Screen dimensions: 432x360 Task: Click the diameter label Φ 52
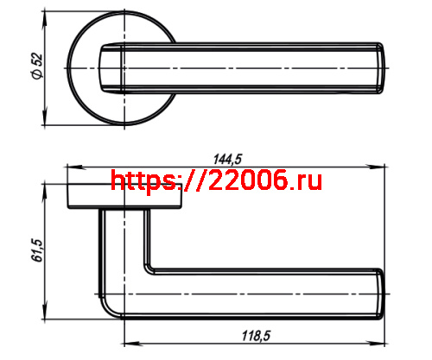(37, 66)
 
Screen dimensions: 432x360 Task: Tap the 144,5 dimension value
(227, 159)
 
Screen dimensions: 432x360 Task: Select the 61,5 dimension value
(37, 250)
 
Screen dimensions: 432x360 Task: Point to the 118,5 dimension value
(256, 336)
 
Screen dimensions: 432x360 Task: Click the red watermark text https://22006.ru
(216, 180)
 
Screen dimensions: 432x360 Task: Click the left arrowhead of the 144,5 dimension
(74, 167)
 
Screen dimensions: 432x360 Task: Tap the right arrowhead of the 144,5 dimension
(377, 167)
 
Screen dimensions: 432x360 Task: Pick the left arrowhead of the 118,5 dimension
(132, 344)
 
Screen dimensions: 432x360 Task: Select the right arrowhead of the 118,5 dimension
(377, 344)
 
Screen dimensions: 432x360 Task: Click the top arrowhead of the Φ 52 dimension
(44, 20)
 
